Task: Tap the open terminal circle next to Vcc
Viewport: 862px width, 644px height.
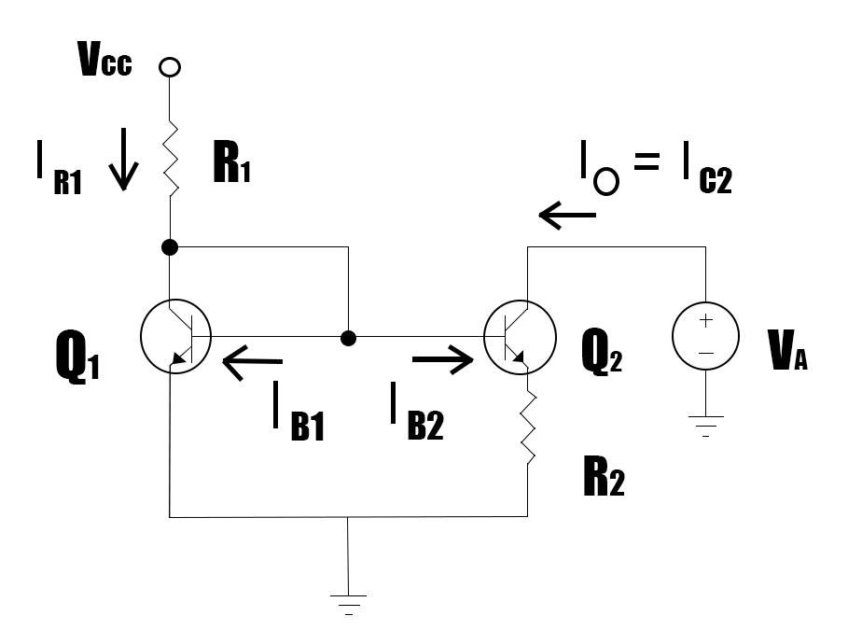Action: [x=170, y=68]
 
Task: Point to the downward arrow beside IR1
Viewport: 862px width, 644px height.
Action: [x=124, y=169]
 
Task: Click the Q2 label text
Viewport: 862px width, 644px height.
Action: [x=603, y=356]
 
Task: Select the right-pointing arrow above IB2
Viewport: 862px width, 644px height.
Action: [x=443, y=360]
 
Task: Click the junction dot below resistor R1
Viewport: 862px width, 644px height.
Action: [x=170, y=247]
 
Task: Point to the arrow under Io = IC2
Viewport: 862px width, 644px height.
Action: [x=567, y=217]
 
